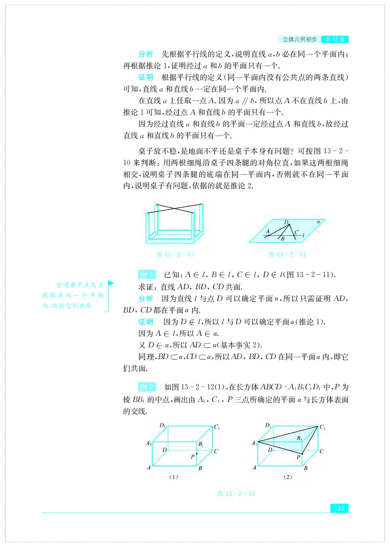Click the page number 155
click(339, 508)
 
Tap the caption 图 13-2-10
click(174, 254)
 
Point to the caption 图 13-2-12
click(236, 494)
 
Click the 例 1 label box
click(147, 274)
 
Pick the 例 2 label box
click(147, 387)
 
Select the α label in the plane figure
click(318, 221)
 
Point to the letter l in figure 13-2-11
click(303, 235)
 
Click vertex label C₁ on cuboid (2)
click(322, 427)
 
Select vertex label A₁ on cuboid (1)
click(148, 444)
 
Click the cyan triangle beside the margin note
click(111, 283)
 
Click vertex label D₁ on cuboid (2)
click(268, 425)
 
